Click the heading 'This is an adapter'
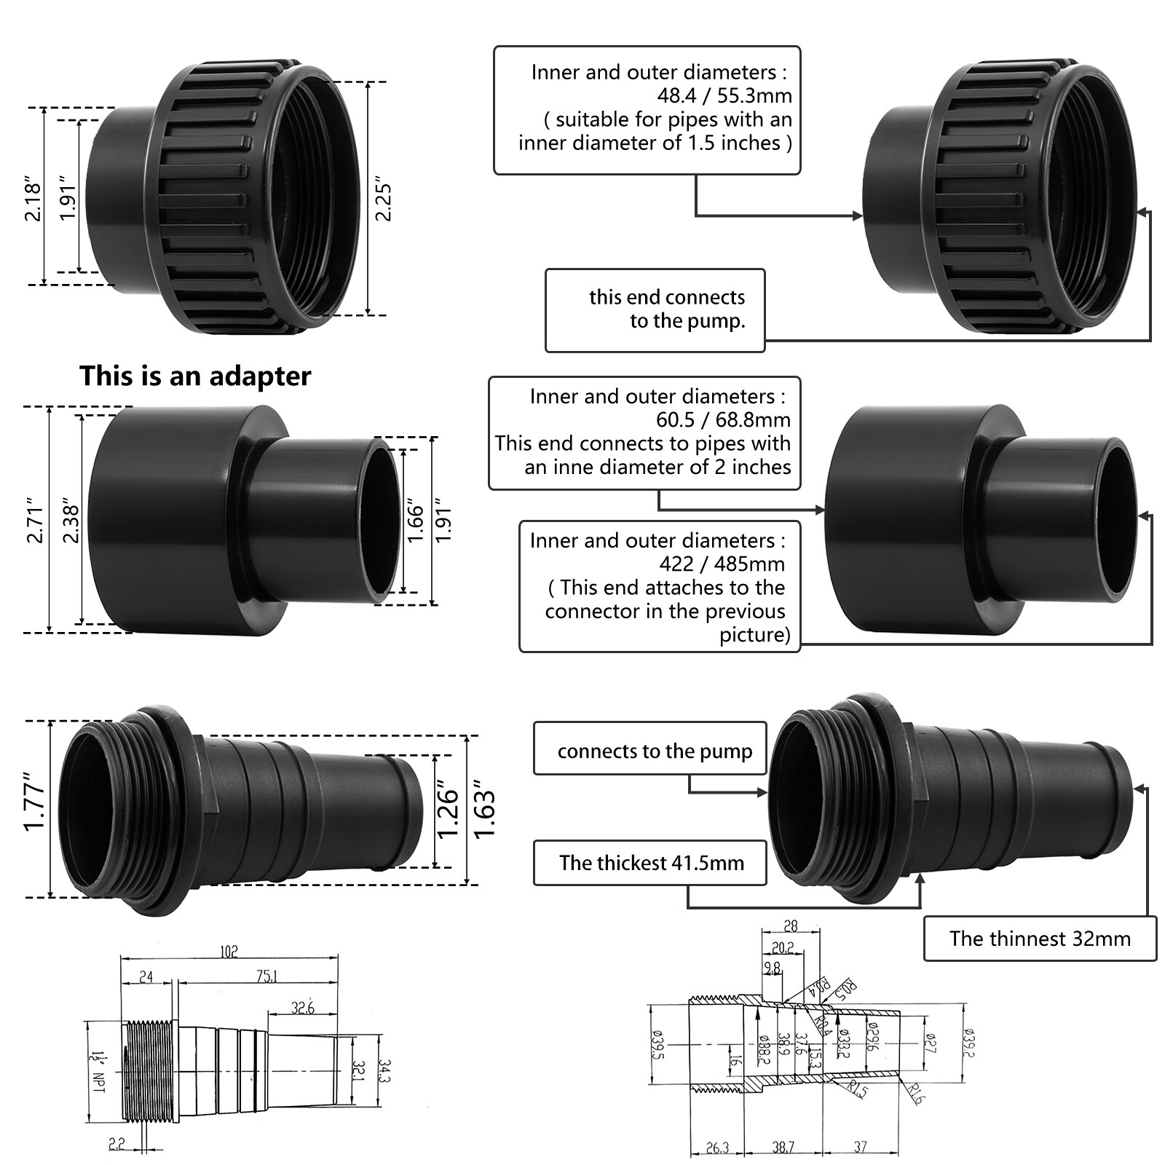pyautogui.click(x=195, y=376)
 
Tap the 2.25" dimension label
pyautogui.click(x=383, y=200)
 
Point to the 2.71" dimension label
pyautogui.click(x=34, y=520)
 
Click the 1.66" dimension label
pyautogui.click(x=415, y=520)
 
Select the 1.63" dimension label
pyautogui.click(x=483, y=810)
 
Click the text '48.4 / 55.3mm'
pyautogui.click(x=724, y=95)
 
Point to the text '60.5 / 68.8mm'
pyautogui.click(x=722, y=419)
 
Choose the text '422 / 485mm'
pyautogui.click(x=722, y=564)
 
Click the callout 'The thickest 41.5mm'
pyautogui.click(x=651, y=864)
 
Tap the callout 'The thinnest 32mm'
pyautogui.click(x=1039, y=939)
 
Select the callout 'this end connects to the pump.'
pyautogui.click(x=666, y=309)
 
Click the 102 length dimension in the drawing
pyautogui.click(x=229, y=952)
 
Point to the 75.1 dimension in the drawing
pyautogui.click(x=266, y=976)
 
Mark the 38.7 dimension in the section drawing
pyautogui.click(x=783, y=1148)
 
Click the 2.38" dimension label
pyautogui.click(x=71, y=520)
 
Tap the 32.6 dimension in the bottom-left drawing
pyautogui.click(x=302, y=1008)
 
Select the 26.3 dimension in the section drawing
pyautogui.click(x=716, y=1148)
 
